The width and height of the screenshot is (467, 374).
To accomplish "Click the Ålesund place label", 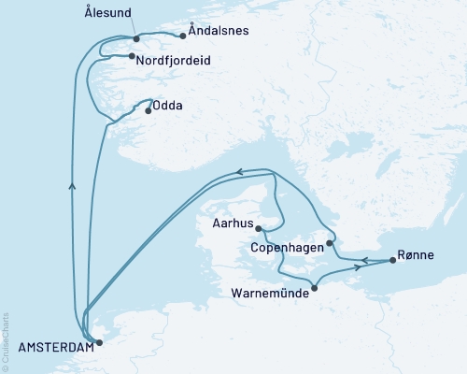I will coord(107,13).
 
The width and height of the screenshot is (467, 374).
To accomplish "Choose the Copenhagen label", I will coord(288,248).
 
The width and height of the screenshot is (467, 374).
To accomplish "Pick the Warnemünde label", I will coord(270,292).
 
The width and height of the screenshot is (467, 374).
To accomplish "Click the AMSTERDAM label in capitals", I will coord(48,347).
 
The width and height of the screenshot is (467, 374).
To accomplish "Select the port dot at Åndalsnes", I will coord(180,37).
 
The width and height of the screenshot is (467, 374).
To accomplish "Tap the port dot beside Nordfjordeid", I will coord(130,56).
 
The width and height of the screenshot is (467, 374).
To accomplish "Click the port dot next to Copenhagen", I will coord(330,243).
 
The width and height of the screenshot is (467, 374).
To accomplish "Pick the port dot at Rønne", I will coord(392,261).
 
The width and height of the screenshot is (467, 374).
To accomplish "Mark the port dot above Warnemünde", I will coord(314,287).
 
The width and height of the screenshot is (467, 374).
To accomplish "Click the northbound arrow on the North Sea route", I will coord(73,185).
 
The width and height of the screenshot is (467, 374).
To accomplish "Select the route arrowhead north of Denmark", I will coord(240,172).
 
